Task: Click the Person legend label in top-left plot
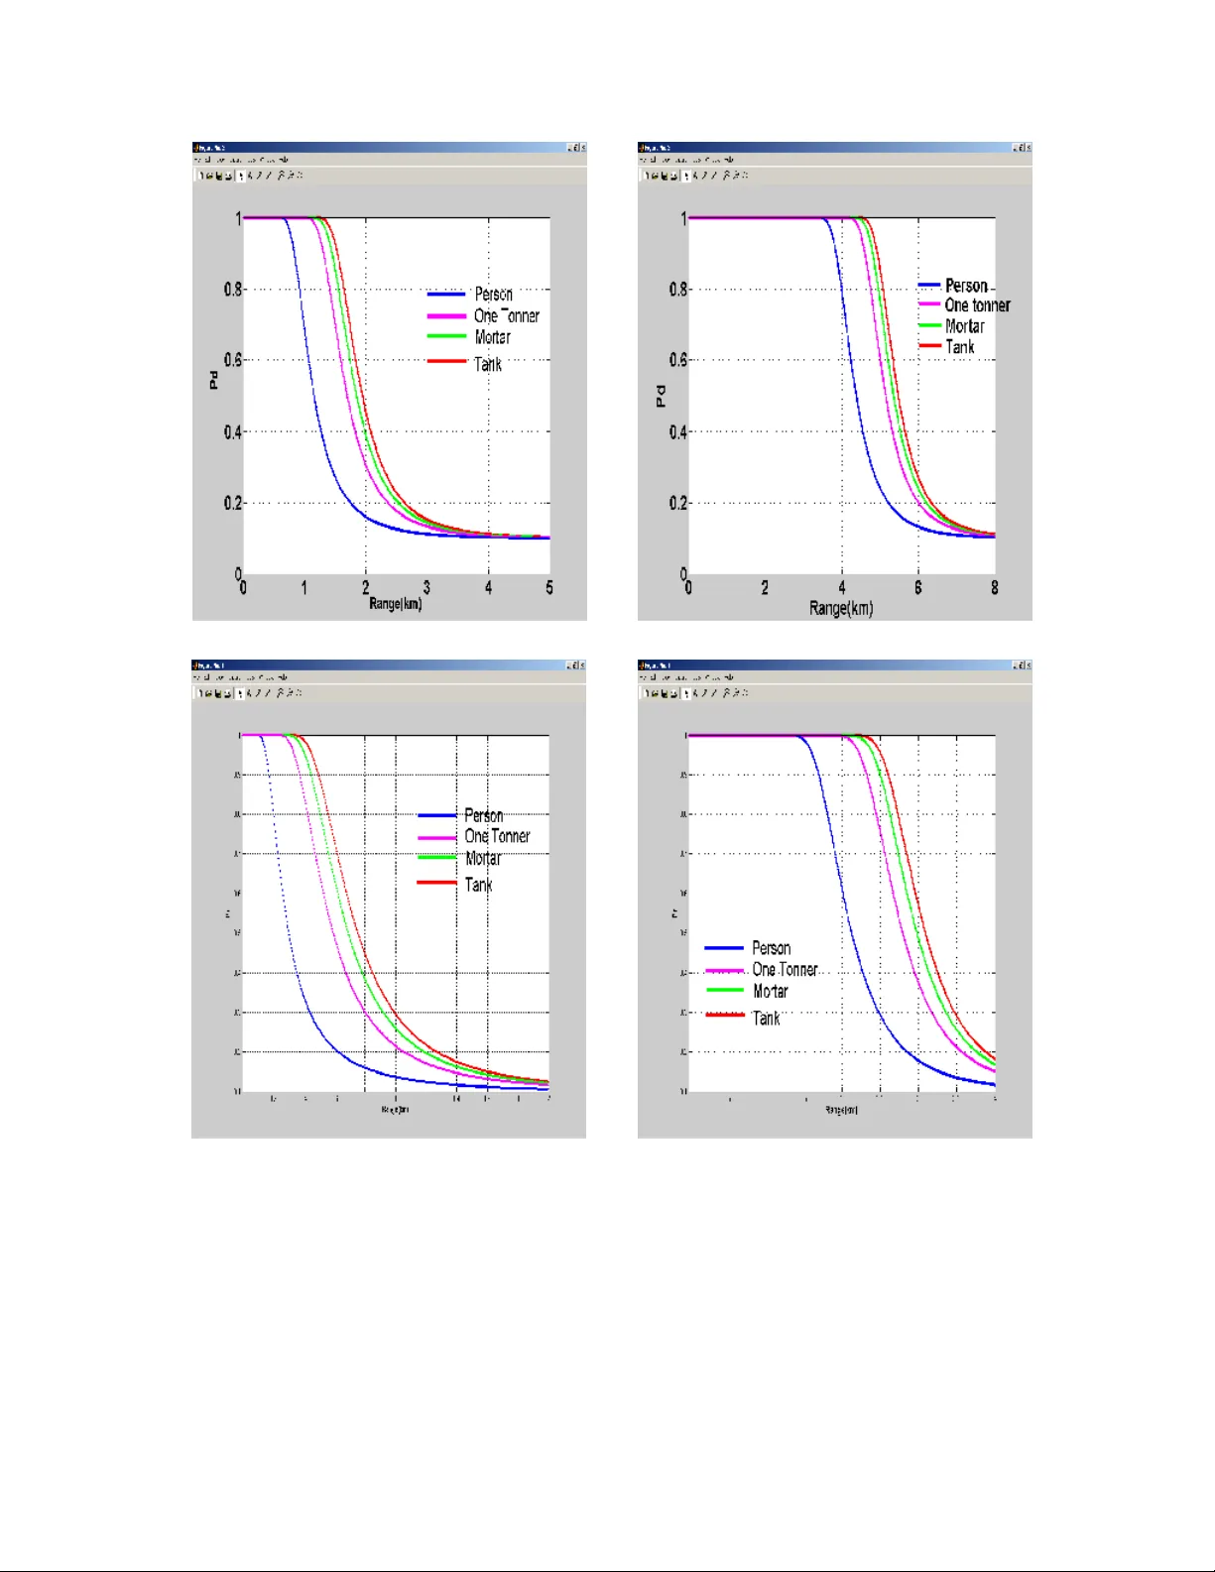(493, 295)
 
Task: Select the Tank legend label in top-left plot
(487, 365)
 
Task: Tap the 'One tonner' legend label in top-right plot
(977, 305)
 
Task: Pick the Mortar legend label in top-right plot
(964, 326)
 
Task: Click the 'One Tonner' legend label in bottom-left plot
(497, 837)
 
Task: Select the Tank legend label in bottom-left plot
(478, 885)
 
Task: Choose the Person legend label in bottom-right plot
(771, 948)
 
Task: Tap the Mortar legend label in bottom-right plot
(770, 992)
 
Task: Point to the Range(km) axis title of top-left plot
(395, 604)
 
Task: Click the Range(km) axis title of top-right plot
(841, 608)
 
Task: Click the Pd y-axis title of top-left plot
(213, 380)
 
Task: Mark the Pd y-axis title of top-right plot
(660, 397)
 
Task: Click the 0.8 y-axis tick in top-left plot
(232, 290)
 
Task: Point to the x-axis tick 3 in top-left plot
(426, 588)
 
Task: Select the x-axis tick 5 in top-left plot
(549, 588)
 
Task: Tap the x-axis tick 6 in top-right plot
(917, 588)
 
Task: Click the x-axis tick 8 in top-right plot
(994, 588)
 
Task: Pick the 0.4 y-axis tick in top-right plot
(677, 432)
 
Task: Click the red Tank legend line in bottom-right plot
(724, 1015)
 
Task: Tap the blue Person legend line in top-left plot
(445, 295)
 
